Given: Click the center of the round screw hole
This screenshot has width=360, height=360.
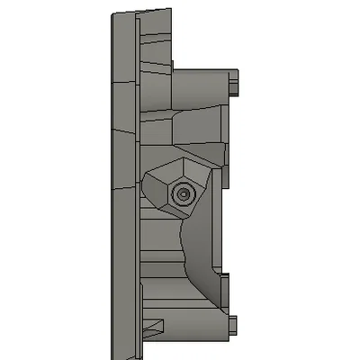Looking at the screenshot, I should point(184,193).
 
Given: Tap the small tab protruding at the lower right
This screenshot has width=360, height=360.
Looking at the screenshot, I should point(234,323).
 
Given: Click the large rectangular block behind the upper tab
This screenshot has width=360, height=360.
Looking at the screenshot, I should point(202,90).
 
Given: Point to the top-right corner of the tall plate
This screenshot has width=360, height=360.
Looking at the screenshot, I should point(169,8).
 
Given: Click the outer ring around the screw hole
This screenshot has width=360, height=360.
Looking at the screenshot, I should point(191,193).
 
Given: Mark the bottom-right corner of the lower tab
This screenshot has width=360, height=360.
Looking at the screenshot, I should point(238,333).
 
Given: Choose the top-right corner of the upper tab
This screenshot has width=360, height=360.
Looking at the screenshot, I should point(238,74).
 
